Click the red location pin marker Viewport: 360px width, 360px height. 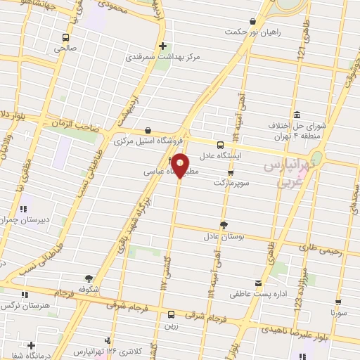tap(180, 165)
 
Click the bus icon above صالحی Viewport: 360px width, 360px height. tap(65, 37)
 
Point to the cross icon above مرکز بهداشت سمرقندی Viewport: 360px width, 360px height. tap(162, 46)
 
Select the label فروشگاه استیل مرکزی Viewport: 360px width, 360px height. tap(147, 141)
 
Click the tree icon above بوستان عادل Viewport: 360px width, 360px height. tap(224, 225)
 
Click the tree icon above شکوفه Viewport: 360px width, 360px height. tap(89, 278)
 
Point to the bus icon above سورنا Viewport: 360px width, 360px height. tap(341, 300)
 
